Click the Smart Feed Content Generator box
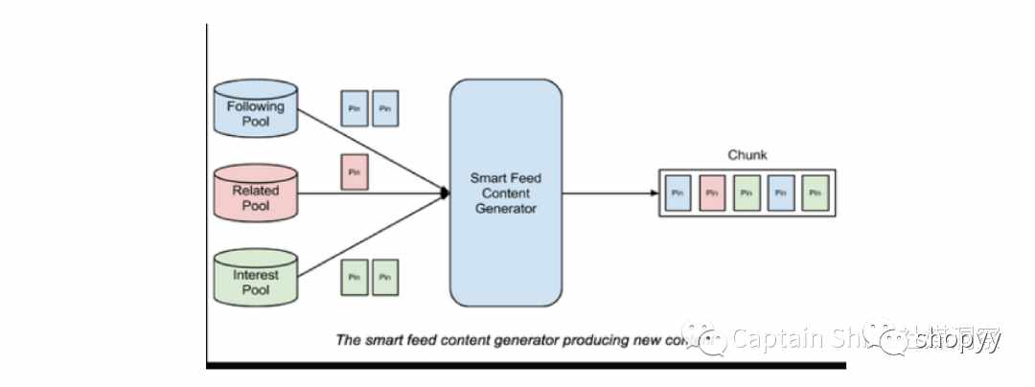505,193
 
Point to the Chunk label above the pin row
747,155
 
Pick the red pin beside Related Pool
355,172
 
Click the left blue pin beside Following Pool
355,108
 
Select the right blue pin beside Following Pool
385,108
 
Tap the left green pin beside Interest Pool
355,277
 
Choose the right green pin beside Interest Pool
385,277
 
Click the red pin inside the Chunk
711,193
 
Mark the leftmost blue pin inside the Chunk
677,193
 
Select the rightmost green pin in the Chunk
816,193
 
